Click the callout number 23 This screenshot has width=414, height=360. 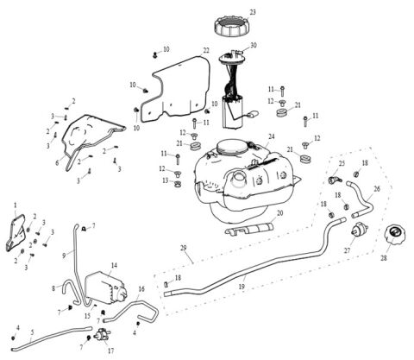[x=253, y=11]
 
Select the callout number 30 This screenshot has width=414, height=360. [x=253, y=45]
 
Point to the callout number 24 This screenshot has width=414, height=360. [x=271, y=136]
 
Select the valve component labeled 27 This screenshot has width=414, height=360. [x=358, y=231]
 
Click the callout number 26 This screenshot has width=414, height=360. [x=376, y=187]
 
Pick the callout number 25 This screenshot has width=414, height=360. [x=342, y=163]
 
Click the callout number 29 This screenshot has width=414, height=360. [x=183, y=248]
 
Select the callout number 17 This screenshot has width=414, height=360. [x=110, y=351]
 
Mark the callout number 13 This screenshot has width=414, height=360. [x=165, y=180]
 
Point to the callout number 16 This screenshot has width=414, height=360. [x=141, y=290]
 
